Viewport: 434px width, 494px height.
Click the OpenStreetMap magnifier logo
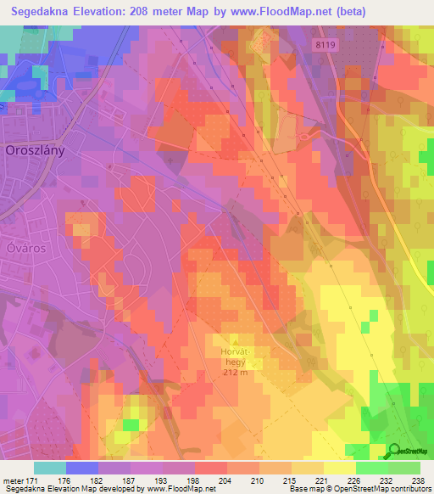click(x=395, y=451)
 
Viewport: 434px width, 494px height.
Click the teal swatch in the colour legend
click(x=50, y=468)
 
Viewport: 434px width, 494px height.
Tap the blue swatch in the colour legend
click(x=82, y=468)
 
